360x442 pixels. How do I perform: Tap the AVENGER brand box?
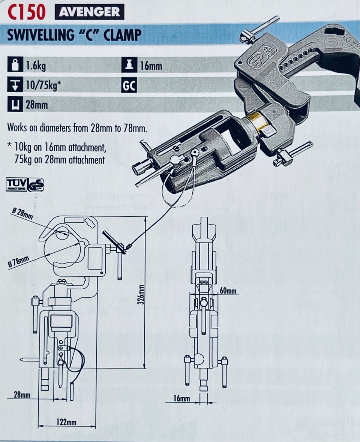click(89, 12)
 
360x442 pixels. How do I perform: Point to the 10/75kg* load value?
click(42, 86)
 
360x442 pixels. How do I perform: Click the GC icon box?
click(129, 86)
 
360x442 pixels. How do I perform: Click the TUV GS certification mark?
click(25, 184)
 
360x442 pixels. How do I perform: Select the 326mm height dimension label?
click(141, 294)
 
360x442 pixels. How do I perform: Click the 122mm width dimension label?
click(66, 422)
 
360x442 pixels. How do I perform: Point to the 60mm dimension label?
click(228, 291)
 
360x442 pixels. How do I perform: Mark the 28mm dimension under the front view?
click(22, 394)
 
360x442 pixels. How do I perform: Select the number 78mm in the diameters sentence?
click(135, 128)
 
